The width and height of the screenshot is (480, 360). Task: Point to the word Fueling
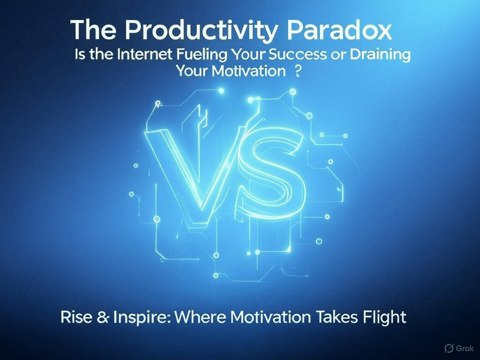coord(202,55)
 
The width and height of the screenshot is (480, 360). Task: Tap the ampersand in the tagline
coord(103,317)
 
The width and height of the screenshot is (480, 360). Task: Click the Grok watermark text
coord(465,348)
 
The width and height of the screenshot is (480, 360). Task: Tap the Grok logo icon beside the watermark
coord(450,348)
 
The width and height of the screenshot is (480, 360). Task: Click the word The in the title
coord(93,30)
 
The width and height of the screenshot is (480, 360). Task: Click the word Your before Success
coord(247,55)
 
